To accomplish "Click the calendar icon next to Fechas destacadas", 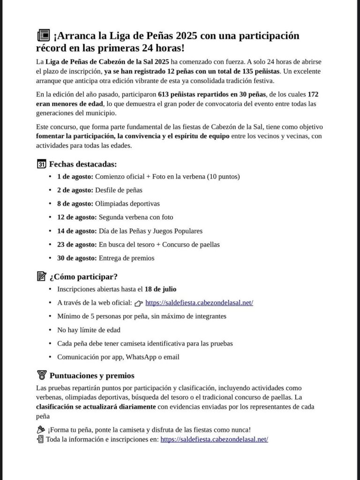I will click(x=41, y=164).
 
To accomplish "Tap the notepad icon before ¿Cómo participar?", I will click(x=41, y=277).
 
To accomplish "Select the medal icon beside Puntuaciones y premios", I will click(x=41, y=375).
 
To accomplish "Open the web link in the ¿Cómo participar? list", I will click(x=199, y=303).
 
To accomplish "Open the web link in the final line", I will click(x=214, y=440).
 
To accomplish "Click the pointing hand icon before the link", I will click(x=139, y=303).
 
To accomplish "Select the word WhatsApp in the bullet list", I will click(x=141, y=357).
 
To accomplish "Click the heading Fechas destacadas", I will click(x=83, y=164).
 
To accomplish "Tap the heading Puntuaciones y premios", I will click(x=92, y=376).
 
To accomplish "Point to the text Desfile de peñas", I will click(x=119, y=190).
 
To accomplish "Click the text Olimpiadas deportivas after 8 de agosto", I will click(x=127, y=204).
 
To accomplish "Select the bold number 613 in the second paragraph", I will click(x=164, y=94).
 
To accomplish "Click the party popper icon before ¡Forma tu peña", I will click(x=40, y=430).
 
